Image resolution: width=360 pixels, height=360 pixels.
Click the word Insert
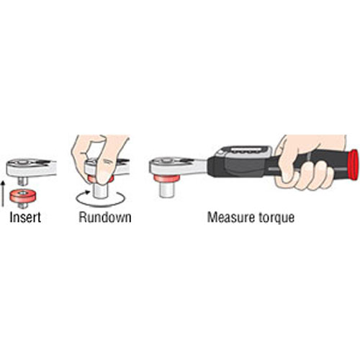(25, 217)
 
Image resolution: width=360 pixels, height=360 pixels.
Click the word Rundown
(105, 217)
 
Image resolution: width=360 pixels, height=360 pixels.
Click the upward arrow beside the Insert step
(3, 194)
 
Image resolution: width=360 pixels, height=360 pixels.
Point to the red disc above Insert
(23, 196)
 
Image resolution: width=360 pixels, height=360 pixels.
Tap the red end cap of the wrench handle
(354, 164)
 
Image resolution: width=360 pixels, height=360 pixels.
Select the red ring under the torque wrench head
(167, 179)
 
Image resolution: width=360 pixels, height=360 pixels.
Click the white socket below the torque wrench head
(167, 189)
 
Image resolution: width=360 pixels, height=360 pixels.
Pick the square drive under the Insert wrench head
(23, 181)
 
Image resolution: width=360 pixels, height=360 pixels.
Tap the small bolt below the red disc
(23, 205)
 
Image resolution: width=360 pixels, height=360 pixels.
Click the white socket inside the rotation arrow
(100, 191)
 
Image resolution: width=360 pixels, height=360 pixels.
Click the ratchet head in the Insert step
(31, 168)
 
